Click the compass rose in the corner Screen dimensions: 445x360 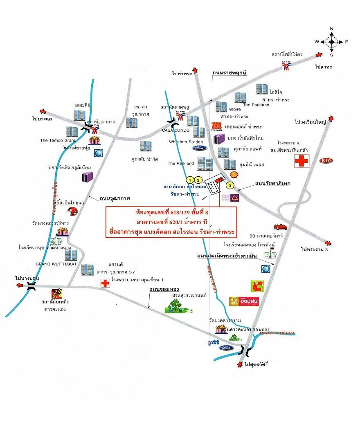331,41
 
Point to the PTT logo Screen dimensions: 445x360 214,342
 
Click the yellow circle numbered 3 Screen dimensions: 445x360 231,185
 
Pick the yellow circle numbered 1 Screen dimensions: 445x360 189,180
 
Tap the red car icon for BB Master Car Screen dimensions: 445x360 280,227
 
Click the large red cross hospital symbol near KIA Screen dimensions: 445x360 302,161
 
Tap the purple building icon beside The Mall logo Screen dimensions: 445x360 219,139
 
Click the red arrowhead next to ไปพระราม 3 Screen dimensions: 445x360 328,242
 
